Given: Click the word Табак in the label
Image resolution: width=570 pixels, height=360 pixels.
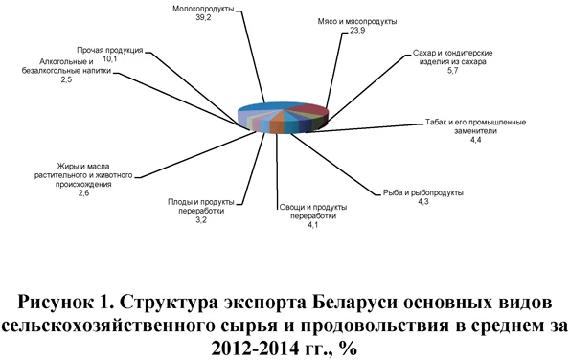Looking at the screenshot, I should (438, 124).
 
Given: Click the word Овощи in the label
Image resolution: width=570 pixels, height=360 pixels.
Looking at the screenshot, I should (294, 208).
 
